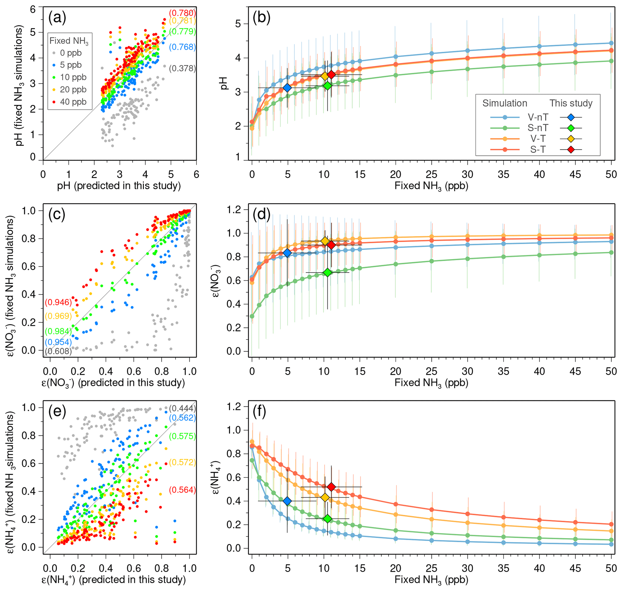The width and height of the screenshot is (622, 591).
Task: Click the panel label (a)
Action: pyautogui.click(x=57, y=18)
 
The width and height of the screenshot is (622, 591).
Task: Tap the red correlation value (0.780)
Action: pyautogui.click(x=182, y=13)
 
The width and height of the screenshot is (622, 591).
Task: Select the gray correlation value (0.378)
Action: pyautogui.click(x=182, y=68)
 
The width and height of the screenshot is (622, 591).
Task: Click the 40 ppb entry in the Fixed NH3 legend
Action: pyautogui.click(x=73, y=102)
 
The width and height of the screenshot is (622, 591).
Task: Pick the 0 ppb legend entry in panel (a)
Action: pyautogui.click(x=70, y=53)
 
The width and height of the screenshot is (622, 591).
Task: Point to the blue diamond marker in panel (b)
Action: pyautogui.click(x=287, y=88)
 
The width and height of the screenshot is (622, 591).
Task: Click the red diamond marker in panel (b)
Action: pyautogui.click(x=331, y=75)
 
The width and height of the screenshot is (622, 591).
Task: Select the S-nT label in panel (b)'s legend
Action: pyautogui.click(x=538, y=128)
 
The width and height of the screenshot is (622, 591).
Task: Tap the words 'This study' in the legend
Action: pyautogui.click(x=571, y=103)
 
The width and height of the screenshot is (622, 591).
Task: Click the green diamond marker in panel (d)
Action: pyautogui.click(x=327, y=272)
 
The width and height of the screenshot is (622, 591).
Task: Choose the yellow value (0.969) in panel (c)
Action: pyautogui.click(x=58, y=316)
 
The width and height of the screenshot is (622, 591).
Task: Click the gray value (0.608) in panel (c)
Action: pyautogui.click(x=58, y=351)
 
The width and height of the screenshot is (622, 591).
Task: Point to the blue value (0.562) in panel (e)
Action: pyautogui.click(x=182, y=418)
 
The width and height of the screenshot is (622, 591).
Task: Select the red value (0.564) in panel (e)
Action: pyautogui.click(x=182, y=490)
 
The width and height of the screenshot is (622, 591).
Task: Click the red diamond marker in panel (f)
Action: pyautogui.click(x=331, y=487)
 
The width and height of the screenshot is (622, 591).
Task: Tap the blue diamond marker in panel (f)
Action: pyautogui.click(x=287, y=501)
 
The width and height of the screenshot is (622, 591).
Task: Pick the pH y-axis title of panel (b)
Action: pyautogui.click(x=224, y=83)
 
